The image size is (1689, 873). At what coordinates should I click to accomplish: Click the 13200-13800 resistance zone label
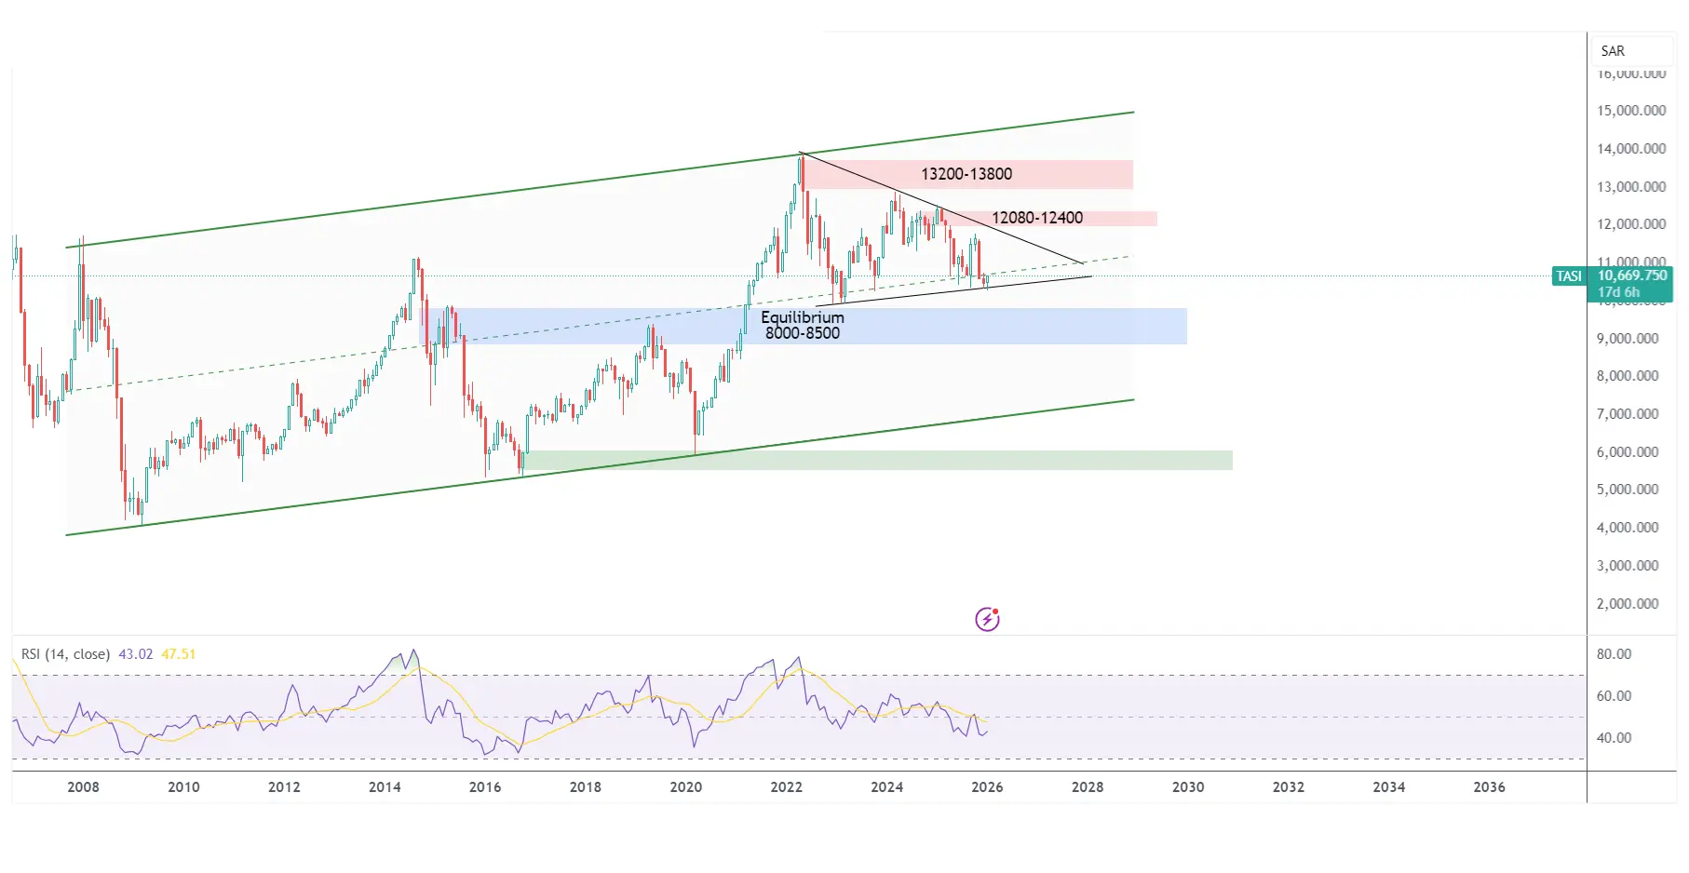[x=966, y=174]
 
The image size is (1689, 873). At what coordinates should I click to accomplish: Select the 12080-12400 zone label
[x=1036, y=218]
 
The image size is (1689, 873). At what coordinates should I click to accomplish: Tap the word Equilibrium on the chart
[x=802, y=317]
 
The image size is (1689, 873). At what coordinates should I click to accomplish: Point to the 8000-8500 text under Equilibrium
[x=802, y=333]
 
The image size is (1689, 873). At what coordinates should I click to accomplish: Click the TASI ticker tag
[x=1569, y=276]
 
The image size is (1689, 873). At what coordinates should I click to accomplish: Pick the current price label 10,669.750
[x=1632, y=275]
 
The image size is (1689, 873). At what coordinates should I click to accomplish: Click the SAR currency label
[x=1613, y=51]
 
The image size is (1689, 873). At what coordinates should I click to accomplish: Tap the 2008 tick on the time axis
[x=83, y=787]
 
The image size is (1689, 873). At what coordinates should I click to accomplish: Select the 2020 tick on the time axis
[x=685, y=787]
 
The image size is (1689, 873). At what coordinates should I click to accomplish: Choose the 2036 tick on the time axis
[x=1489, y=787]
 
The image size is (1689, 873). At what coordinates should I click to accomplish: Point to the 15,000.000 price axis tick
[x=1631, y=111]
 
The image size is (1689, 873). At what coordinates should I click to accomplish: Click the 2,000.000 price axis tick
[x=1628, y=604]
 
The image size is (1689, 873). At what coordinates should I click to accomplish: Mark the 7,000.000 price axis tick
[x=1628, y=414]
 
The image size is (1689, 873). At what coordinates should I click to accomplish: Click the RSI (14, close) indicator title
[x=65, y=654]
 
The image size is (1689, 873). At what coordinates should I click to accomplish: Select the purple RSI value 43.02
[x=135, y=654]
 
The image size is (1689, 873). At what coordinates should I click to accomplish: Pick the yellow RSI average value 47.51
[x=179, y=654]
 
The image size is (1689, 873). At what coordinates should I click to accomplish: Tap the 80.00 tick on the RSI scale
[x=1614, y=654]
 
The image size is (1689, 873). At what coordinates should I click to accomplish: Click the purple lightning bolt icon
[x=987, y=619]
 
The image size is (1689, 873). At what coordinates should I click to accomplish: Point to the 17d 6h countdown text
[x=1618, y=292]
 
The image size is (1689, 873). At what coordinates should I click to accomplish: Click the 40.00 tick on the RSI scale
[x=1614, y=738]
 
